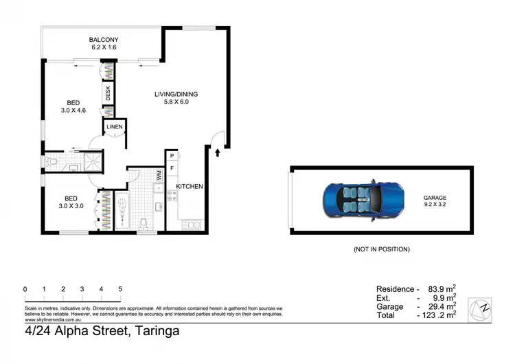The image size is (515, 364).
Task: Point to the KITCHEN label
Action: pos(189,187)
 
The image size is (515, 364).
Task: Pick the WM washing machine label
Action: pos(159,176)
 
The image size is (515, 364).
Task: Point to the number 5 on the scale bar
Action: pos(120,289)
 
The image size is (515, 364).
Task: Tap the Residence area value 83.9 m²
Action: pos(442,289)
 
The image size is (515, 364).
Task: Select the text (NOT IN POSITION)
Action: pos(381,249)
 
